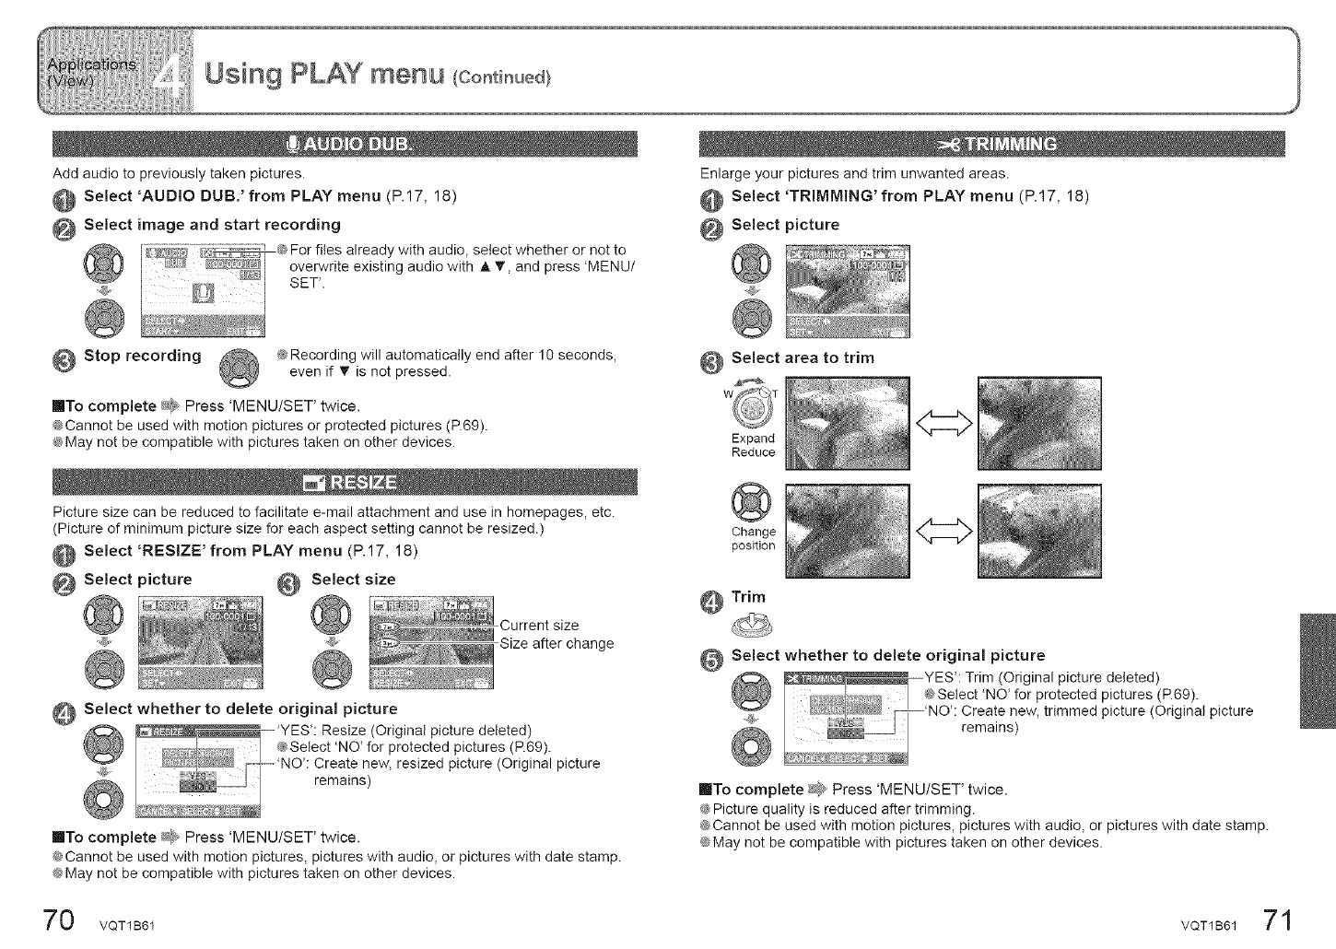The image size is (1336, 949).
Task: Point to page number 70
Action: [x=55, y=922]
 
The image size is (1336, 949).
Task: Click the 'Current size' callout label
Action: [x=539, y=626]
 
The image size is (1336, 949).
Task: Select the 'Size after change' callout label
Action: [x=557, y=643]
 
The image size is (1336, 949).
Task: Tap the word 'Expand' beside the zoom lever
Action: [x=753, y=438]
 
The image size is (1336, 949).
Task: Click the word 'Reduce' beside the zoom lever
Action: [x=753, y=452]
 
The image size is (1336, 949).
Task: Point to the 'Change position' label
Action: [x=753, y=539]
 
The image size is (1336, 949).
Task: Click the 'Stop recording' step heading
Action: [x=142, y=356]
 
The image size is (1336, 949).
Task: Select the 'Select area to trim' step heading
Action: [x=802, y=357]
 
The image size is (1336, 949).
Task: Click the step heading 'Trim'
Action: [x=748, y=597]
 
